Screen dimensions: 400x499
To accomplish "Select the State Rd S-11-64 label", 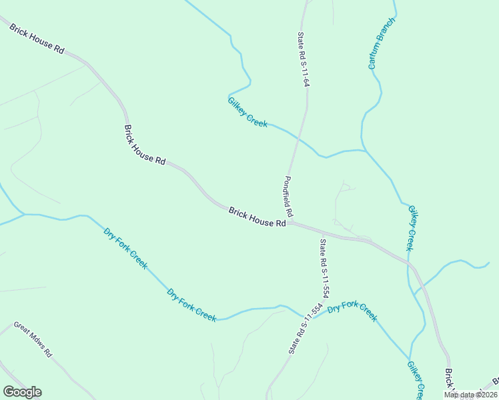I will [x=303, y=60].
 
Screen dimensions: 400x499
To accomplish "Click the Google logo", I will [x=22, y=392].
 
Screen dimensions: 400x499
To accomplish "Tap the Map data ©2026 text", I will [x=470, y=395].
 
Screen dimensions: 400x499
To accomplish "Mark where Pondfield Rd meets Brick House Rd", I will [x=290, y=223].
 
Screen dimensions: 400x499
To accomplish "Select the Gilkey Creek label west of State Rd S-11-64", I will [x=247, y=112].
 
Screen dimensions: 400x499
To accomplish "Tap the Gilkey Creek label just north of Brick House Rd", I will [x=411, y=228].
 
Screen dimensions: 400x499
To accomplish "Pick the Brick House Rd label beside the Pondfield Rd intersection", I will [x=258, y=217].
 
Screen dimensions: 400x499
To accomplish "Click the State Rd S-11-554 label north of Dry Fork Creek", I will [x=325, y=268].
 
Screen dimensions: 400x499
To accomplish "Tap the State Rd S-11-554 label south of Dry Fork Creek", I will [x=304, y=329].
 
